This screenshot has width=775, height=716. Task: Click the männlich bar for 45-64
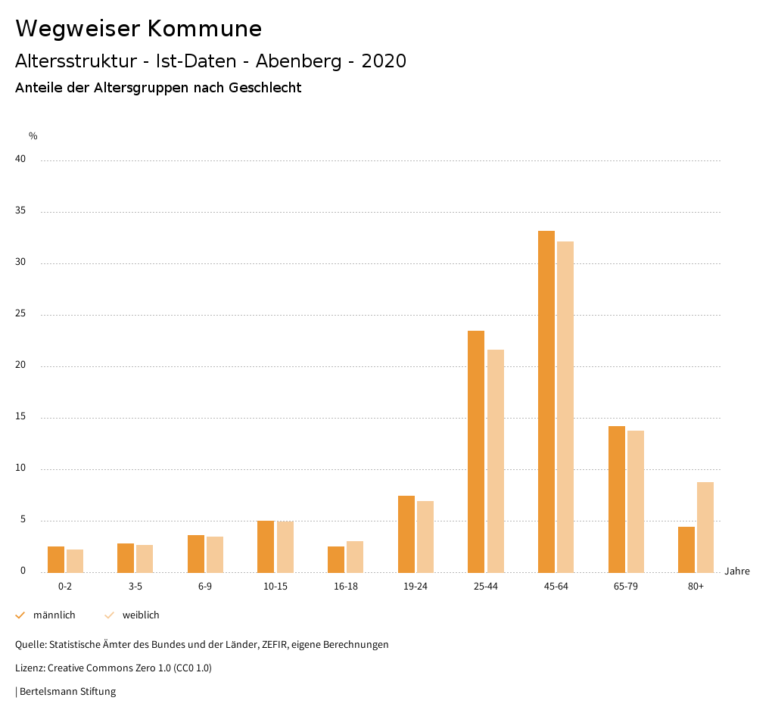click(x=546, y=401)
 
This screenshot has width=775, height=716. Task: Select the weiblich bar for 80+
click(x=705, y=527)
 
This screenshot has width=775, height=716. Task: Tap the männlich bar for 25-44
click(x=476, y=451)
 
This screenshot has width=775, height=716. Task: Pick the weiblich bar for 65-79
click(x=636, y=501)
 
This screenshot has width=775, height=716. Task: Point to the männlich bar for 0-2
click(x=56, y=559)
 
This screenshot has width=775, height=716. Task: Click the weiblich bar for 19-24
click(x=425, y=537)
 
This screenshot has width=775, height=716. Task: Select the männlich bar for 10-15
click(x=266, y=546)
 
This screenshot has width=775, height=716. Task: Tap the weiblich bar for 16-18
click(x=355, y=556)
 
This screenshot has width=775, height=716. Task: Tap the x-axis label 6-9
click(x=205, y=587)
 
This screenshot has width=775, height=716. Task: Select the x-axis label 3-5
click(x=135, y=587)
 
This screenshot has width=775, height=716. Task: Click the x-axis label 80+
click(x=696, y=587)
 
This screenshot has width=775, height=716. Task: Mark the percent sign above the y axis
click(x=33, y=136)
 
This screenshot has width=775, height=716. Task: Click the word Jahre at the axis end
click(x=737, y=571)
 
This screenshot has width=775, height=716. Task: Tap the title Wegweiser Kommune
click(x=139, y=29)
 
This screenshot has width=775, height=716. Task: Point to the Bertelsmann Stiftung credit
click(x=67, y=691)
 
